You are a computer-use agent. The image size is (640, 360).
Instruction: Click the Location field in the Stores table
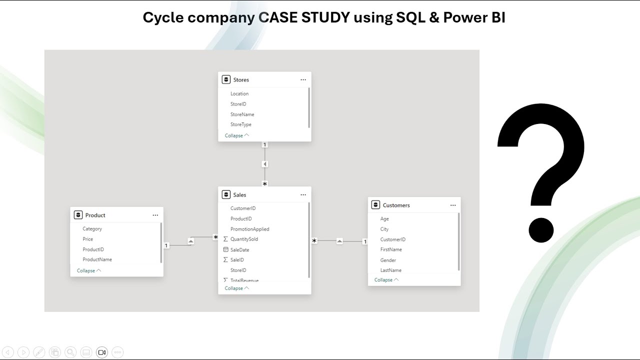click(239, 93)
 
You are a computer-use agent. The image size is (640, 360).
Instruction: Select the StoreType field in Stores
click(241, 124)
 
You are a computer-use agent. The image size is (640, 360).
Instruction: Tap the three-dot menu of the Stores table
click(303, 80)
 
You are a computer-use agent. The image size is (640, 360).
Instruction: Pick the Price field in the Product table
click(88, 239)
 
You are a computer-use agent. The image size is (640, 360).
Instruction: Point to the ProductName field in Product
click(97, 259)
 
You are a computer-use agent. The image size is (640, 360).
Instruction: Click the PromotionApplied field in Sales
click(250, 229)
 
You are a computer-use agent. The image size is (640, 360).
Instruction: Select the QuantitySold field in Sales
click(244, 239)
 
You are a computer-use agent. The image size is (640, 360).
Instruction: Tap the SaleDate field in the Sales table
click(239, 249)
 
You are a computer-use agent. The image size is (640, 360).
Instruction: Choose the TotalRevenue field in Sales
click(244, 280)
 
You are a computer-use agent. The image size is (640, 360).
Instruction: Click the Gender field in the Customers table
click(388, 260)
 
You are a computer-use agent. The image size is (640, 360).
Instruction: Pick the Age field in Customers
click(384, 218)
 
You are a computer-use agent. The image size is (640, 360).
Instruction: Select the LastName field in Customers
click(391, 270)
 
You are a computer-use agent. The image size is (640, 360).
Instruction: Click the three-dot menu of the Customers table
click(453, 205)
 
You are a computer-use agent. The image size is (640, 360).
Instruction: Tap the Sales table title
click(239, 195)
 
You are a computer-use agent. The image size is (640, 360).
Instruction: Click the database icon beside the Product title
click(78, 215)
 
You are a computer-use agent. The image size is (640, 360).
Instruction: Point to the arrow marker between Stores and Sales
click(265, 164)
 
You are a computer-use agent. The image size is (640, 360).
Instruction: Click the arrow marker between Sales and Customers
click(339, 241)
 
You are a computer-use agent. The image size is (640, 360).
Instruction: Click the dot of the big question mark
click(541, 230)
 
